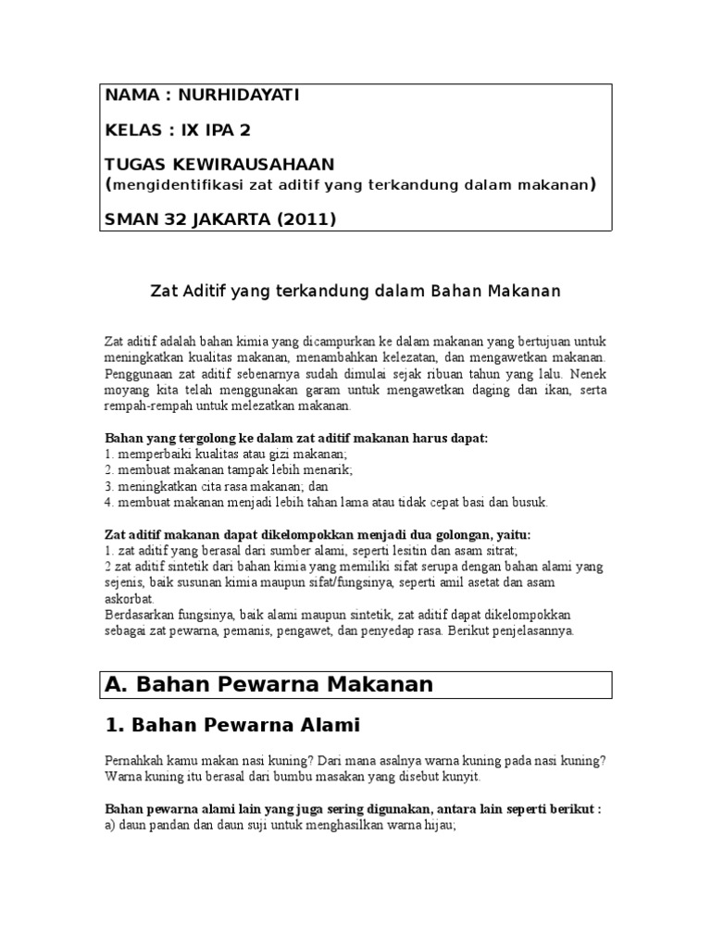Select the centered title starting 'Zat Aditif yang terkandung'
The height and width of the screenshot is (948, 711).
point(355,292)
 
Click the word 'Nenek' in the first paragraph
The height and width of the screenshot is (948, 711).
point(590,374)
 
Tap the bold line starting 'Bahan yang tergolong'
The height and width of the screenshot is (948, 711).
point(296,438)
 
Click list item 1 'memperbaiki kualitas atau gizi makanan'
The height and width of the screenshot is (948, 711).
point(226,455)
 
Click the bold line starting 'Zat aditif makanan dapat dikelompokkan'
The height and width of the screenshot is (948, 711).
point(318,534)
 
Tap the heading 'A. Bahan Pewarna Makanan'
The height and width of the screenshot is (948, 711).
point(269,684)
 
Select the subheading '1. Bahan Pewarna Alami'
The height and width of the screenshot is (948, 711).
point(232,725)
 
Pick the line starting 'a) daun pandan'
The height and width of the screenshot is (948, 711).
point(281,824)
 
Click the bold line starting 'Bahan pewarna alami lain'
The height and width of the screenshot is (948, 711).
point(353,808)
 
